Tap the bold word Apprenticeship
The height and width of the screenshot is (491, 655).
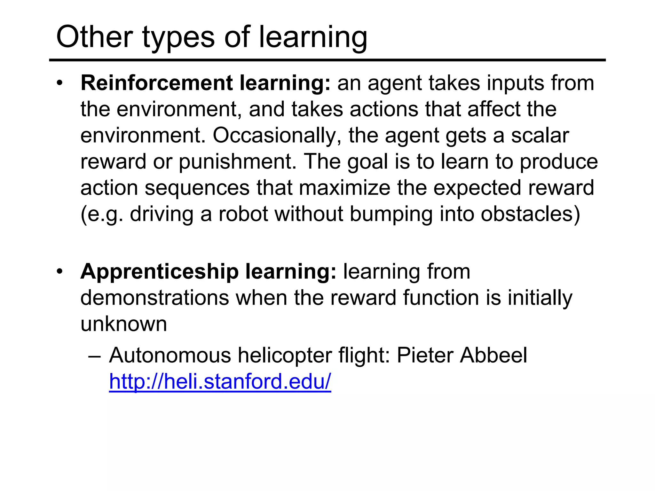pyautogui.click(x=160, y=272)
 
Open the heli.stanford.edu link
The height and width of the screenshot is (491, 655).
pyautogui.click(x=220, y=382)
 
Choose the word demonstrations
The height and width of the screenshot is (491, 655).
pyautogui.click(x=154, y=298)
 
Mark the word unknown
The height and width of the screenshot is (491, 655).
pyautogui.click(x=124, y=324)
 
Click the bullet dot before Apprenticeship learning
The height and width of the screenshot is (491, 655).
pyautogui.click(x=59, y=272)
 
